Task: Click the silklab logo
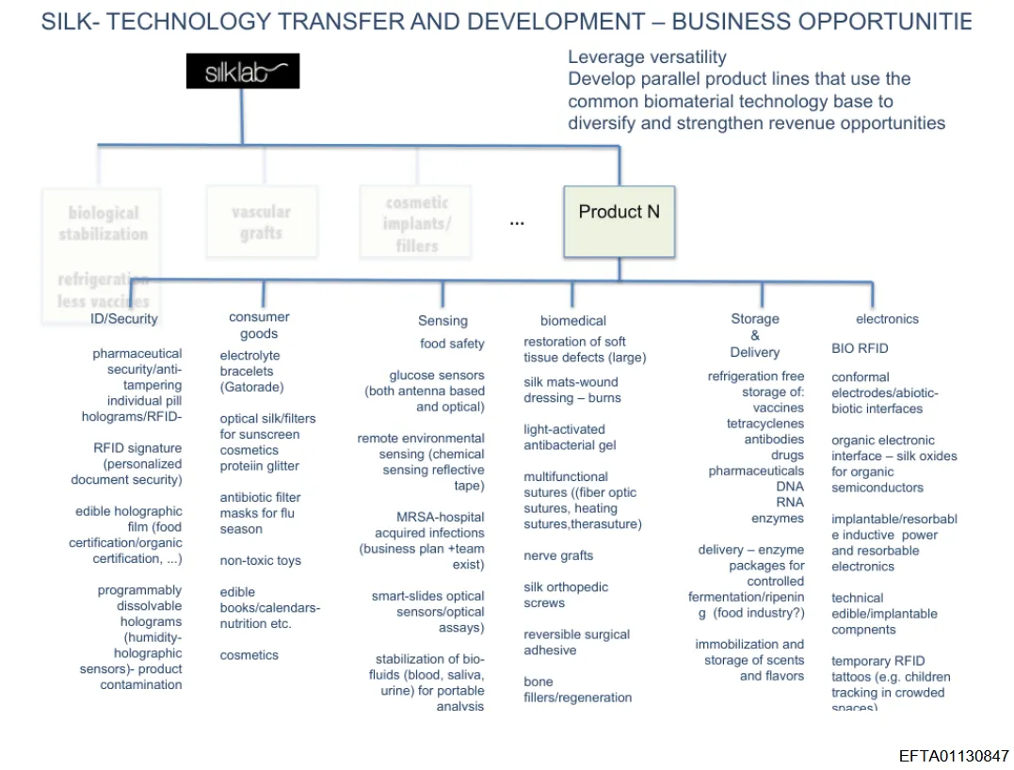pos(242,72)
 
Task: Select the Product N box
pos(619,221)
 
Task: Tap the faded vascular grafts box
pos(261,222)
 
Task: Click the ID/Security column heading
pos(124,319)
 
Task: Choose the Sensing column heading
pos(443,321)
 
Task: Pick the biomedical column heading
pos(573,321)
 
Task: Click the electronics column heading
pos(887,319)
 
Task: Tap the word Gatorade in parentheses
pos(251,387)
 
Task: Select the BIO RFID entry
pos(860,348)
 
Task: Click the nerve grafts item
pos(558,555)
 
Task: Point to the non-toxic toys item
pos(261,561)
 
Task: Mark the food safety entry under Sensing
pos(452,344)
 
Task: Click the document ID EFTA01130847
pos(953,756)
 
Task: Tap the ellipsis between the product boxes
pos(517,223)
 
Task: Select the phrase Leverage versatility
pos(647,57)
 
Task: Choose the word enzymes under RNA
pos(778,519)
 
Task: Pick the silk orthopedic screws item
pos(566,595)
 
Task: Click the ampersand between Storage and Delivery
pos(755,335)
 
